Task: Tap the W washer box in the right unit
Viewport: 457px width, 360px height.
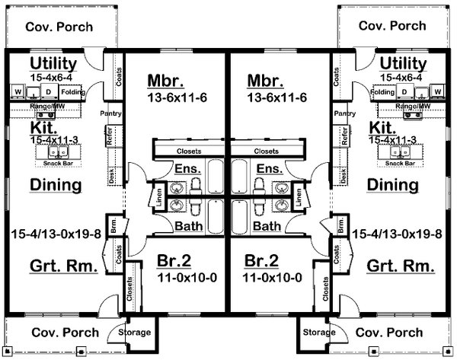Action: [x=438, y=92]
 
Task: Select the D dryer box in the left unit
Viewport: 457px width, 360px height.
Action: [x=48, y=92]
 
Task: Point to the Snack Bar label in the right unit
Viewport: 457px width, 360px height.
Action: [x=399, y=163]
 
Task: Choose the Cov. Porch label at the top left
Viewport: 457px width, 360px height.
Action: [x=59, y=27]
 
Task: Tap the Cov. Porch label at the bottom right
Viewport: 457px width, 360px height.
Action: [x=390, y=333]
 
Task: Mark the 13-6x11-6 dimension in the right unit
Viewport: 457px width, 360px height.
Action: [x=276, y=98]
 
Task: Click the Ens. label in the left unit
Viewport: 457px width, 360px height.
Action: [x=187, y=168]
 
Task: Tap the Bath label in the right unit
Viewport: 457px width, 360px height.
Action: [x=267, y=226]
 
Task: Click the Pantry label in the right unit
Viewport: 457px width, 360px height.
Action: [x=344, y=113]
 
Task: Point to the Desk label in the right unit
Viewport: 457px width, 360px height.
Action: [x=346, y=177]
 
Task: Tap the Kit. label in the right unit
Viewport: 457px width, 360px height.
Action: [x=381, y=127]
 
